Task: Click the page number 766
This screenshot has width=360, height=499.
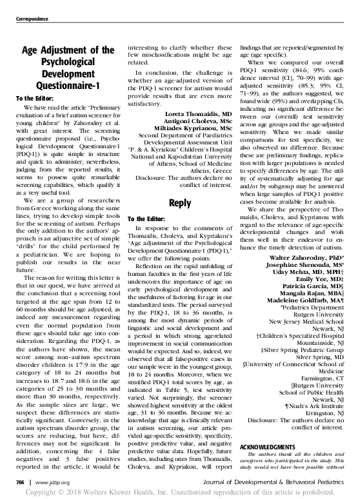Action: [x=21, y=481]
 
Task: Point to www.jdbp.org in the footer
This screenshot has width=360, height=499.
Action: [x=53, y=481]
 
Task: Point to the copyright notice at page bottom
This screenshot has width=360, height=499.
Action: [x=180, y=492]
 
